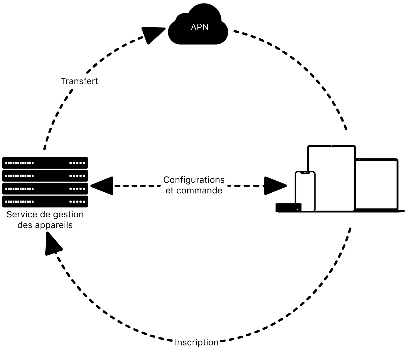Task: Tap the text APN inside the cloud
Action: point(200,27)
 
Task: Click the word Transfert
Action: point(79,81)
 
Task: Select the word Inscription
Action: point(197,343)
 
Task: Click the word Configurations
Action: point(194,180)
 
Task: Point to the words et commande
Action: point(194,191)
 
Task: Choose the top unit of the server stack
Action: point(45,163)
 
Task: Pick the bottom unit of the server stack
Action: point(45,202)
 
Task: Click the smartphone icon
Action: point(305,191)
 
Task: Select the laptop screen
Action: point(376,184)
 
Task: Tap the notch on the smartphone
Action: point(305,173)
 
